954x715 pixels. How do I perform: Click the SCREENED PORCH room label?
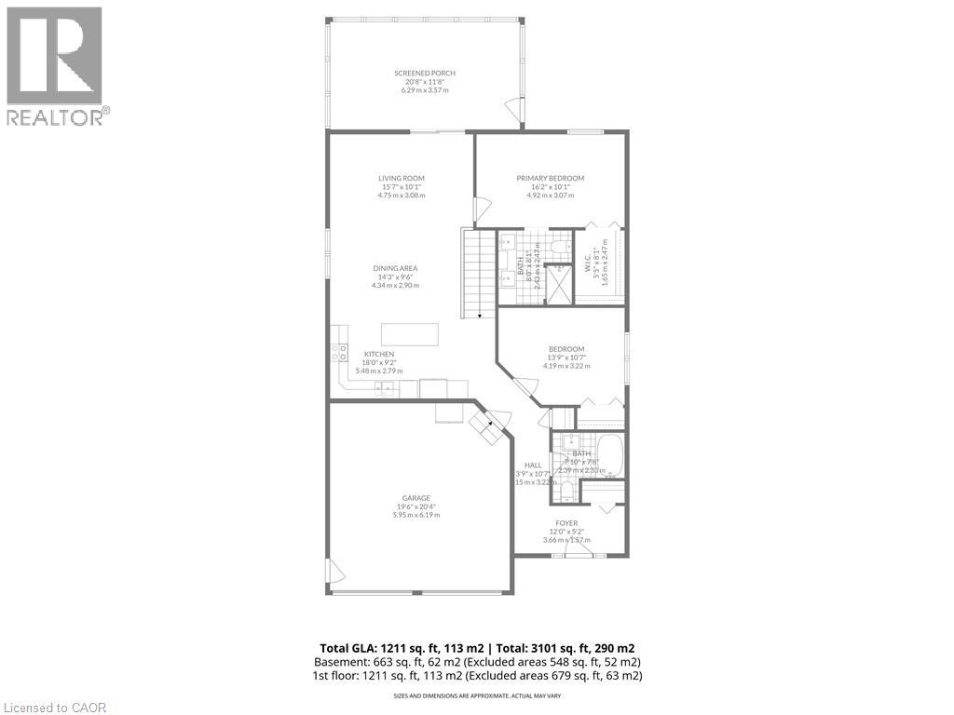pos(425,73)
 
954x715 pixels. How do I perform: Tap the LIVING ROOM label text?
pos(402,178)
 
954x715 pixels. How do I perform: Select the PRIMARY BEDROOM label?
pos(551,178)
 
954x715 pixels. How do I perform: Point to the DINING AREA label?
pos(396,268)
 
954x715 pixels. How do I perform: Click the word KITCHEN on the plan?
pos(379,354)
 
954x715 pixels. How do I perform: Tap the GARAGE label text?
pos(416,498)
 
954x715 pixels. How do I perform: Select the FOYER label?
pos(567,523)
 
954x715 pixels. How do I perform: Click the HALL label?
pos(533,465)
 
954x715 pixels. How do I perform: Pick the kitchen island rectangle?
pos(409,334)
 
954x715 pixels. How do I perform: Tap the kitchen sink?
pos(384,388)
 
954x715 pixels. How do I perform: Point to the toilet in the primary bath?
pos(560,247)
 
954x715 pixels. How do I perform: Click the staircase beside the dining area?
pos(479,276)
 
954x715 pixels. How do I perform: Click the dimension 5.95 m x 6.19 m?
pos(416,515)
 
